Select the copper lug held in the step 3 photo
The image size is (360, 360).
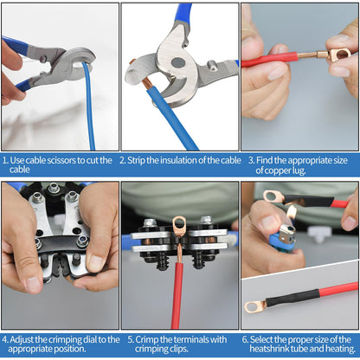click(340, 55)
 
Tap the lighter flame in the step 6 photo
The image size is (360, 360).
click(291, 213)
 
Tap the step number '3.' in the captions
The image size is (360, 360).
click(252, 160)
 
